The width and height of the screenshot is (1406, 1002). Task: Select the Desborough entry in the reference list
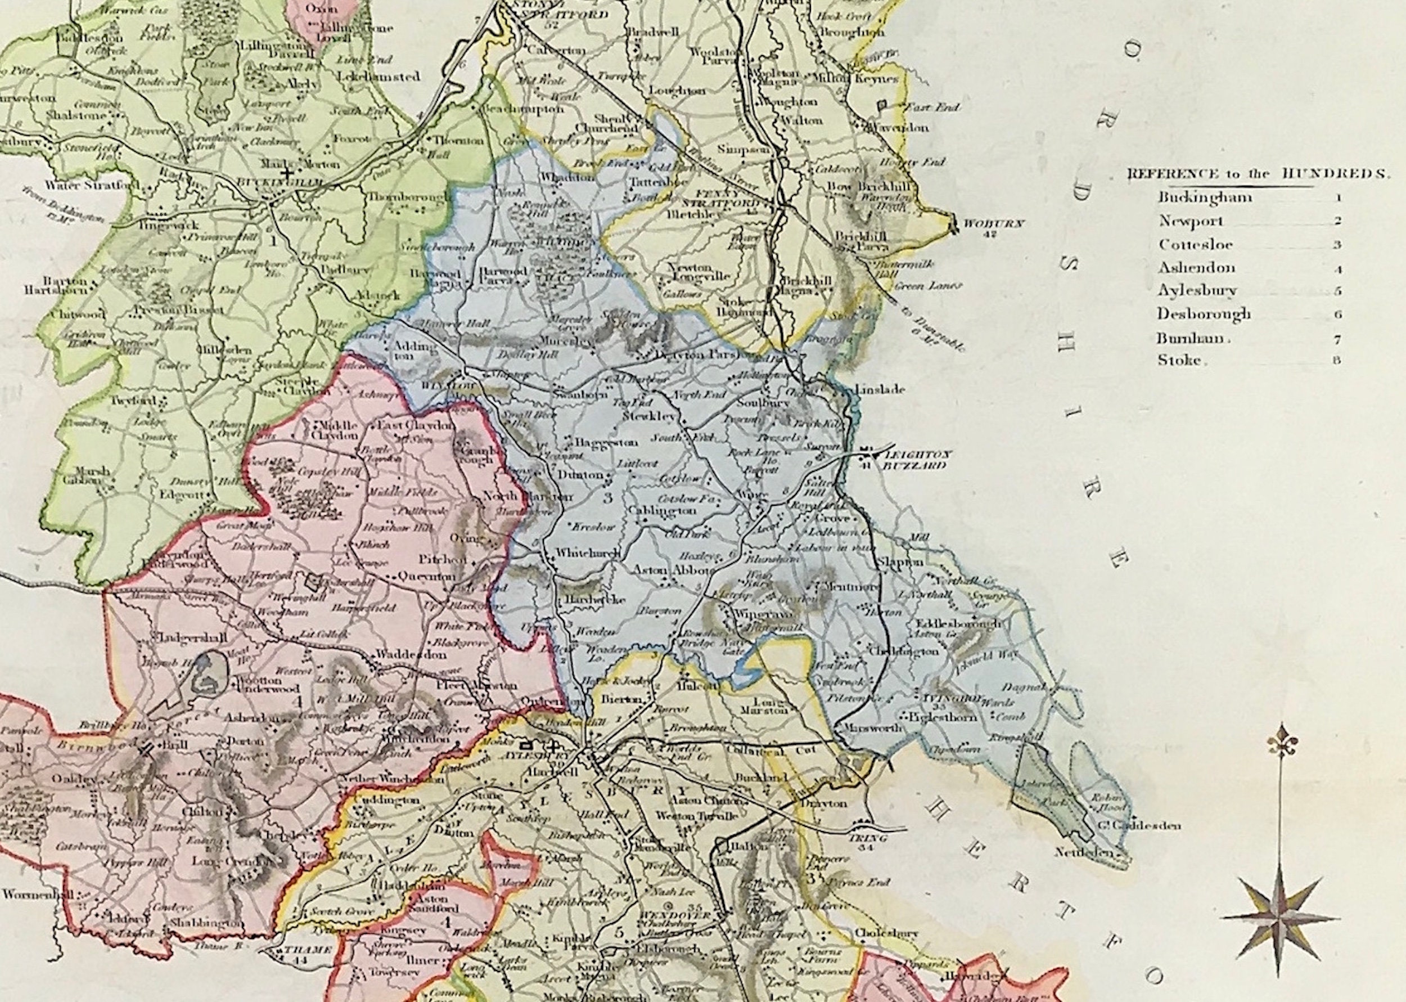point(1203,314)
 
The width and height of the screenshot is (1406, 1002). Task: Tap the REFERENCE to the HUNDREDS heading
point(1259,174)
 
